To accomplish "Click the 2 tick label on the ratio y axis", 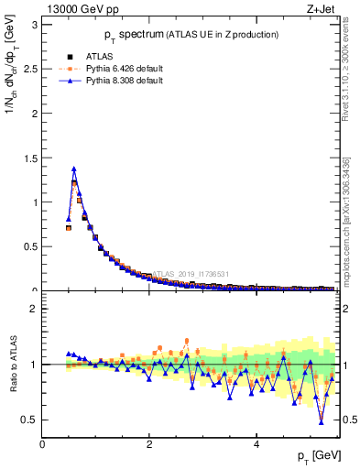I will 34,309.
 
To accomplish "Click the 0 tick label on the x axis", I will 43,444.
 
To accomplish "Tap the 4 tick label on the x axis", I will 256,444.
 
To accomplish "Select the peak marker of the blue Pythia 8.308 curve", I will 74,169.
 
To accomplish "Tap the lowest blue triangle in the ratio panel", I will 321,420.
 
